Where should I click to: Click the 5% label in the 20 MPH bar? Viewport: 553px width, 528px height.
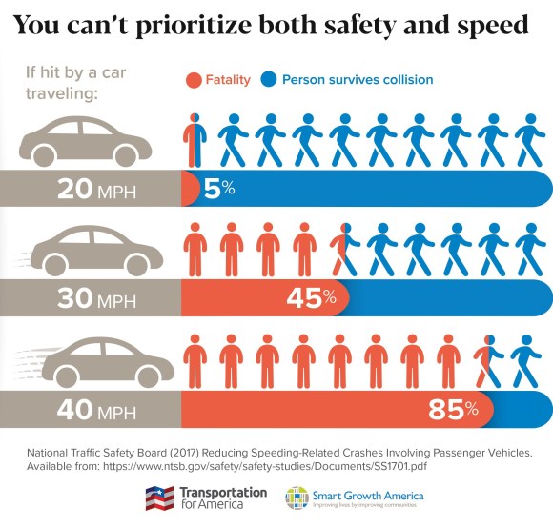coord(218,189)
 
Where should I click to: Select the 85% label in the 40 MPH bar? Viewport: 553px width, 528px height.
coord(453,410)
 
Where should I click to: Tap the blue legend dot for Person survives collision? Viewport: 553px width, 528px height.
coord(269,80)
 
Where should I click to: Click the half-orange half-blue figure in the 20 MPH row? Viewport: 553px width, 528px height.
coord(193,140)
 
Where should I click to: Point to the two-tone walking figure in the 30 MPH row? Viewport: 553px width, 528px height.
coord(342,250)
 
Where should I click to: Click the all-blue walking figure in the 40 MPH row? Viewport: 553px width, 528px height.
coord(524,360)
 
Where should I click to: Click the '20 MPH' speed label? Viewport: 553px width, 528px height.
coord(96,190)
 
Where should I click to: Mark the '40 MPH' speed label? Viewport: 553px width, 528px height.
coord(96,411)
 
